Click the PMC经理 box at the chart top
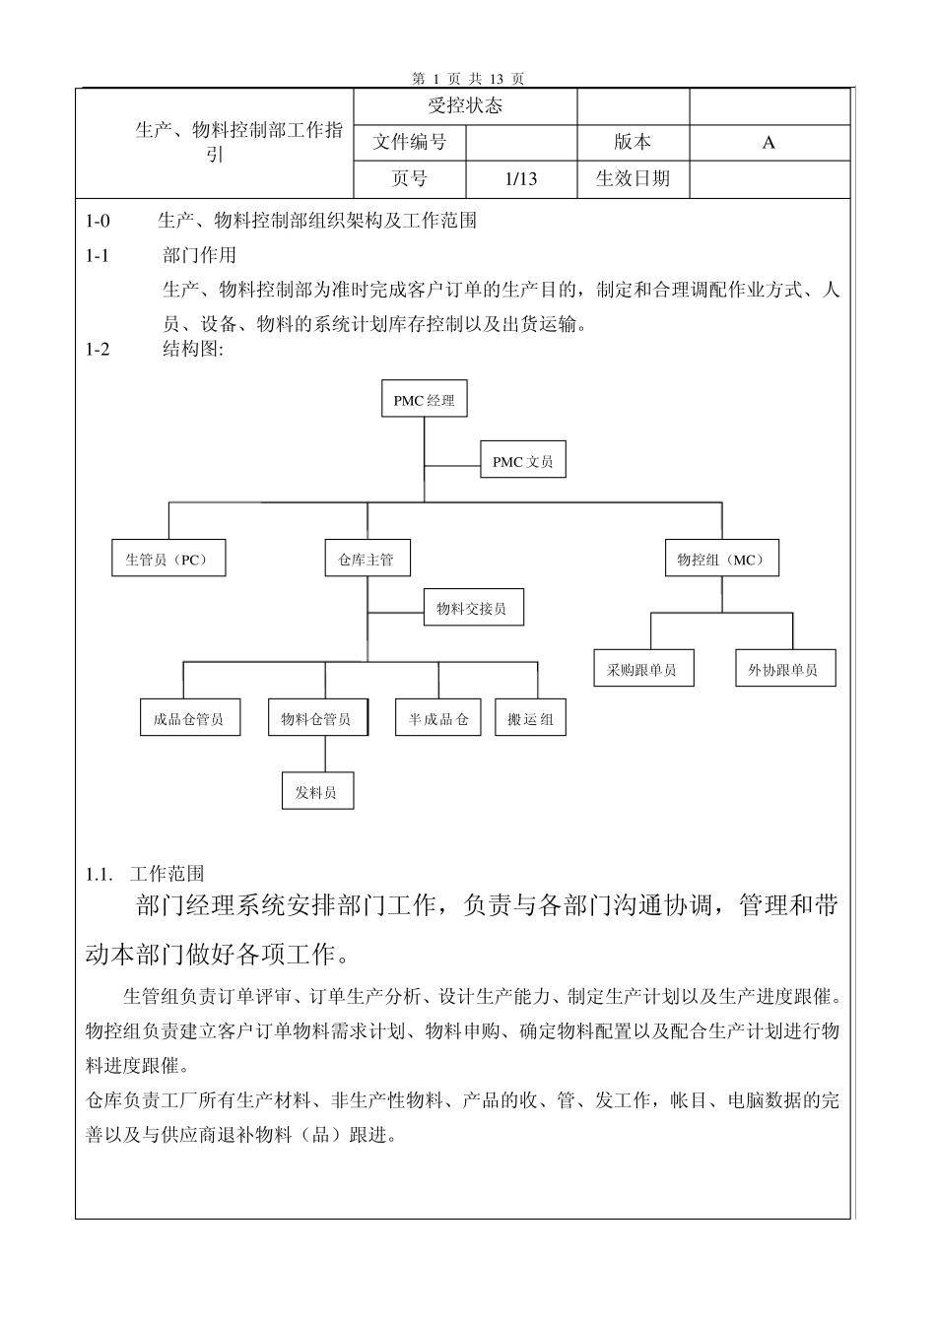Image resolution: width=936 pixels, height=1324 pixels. click(x=425, y=400)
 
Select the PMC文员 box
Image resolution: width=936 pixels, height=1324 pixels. click(x=523, y=460)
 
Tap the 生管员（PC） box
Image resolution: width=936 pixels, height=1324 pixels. click(x=167, y=560)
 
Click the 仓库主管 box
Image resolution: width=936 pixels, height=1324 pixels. click(x=367, y=560)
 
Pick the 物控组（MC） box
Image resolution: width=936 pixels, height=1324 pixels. click(x=722, y=560)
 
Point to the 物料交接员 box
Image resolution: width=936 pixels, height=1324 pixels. click(x=473, y=608)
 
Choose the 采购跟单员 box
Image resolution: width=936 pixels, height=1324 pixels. click(x=642, y=670)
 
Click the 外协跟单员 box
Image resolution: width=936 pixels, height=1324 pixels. click(x=784, y=670)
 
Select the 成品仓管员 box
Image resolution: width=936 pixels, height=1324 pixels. click(x=188, y=718)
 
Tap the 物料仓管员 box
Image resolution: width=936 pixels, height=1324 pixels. click(x=317, y=718)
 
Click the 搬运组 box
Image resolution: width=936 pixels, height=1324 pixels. click(x=530, y=718)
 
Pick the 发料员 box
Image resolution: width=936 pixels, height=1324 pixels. click(x=317, y=791)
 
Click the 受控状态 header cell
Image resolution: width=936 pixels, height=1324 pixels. click(x=465, y=106)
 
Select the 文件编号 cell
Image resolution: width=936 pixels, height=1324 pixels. click(x=409, y=142)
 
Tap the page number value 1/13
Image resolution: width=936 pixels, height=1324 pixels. click(x=520, y=178)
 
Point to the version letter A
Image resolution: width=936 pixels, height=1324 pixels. click(x=769, y=142)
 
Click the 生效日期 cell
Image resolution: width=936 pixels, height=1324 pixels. click(x=633, y=178)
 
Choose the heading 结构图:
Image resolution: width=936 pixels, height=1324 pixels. click(x=193, y=350)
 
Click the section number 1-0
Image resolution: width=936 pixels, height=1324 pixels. click(x=99, y=220)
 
